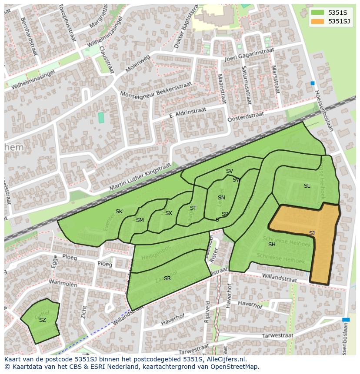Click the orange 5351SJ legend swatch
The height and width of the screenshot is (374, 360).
[318, 21]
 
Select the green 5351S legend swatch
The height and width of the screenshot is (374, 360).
[318, 12]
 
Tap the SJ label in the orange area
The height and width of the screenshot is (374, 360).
[312, 233]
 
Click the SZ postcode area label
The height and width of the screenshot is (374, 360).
[42, 320]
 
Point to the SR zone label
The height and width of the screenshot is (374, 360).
[167, 278]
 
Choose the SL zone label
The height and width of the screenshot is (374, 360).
[307, 186]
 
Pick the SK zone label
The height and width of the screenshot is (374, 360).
[119, 212]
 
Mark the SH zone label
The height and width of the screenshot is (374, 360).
[272, 245]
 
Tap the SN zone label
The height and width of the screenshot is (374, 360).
[221, 198]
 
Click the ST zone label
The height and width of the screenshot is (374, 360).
[193, 208]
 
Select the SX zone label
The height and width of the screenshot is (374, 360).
[169, 213]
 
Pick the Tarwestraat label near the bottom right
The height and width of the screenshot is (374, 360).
[278, 336]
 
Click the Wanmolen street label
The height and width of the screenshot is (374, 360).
[63, 285]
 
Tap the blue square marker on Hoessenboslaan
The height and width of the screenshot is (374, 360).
[312, 83]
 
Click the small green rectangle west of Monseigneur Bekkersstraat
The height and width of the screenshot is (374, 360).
[101, 117]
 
